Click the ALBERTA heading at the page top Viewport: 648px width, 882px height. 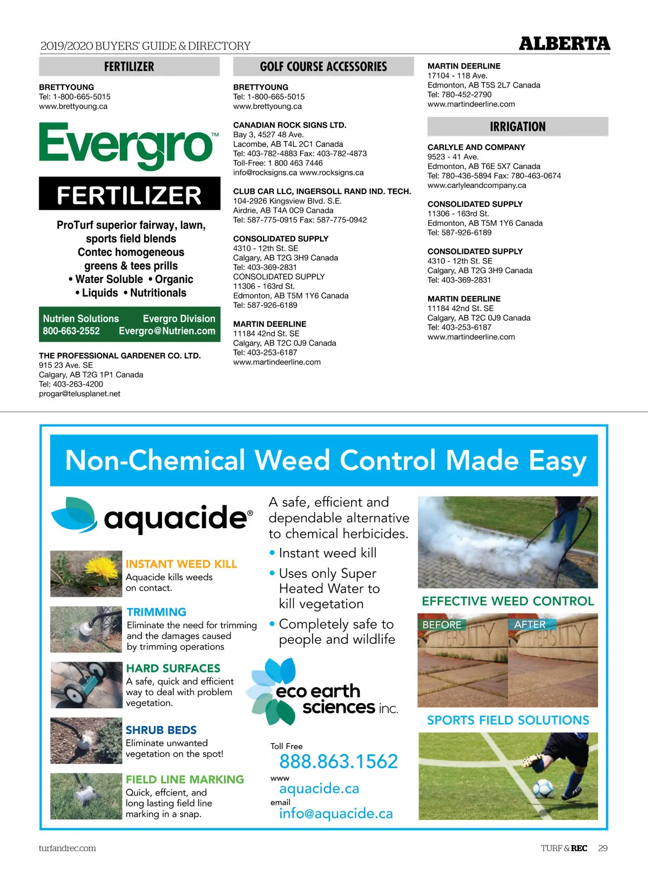click(x=564, y=44)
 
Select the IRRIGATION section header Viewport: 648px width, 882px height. click(x=517, y=127)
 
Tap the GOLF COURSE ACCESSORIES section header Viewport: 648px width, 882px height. click(x=323, y=67)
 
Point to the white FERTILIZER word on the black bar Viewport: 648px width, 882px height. click(x=129, y=195)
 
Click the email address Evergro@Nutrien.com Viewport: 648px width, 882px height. click(x=167, y=331)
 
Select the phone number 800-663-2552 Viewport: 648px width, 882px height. click(x=71, y=331)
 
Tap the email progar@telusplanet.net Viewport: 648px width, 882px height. click(x=79, y=394)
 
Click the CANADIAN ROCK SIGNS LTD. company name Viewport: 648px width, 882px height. click(x=289, y=125)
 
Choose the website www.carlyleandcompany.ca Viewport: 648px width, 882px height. click(x=476, y=185)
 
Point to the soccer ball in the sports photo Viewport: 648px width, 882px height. click(x=543, y=789)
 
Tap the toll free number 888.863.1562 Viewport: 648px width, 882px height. click(x=338, y=762)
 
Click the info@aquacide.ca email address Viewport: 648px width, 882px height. click(x=335, y=813)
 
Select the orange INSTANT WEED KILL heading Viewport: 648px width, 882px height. click(x=181, y=564)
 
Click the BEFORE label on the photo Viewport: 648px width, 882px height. click(x=442, y=625)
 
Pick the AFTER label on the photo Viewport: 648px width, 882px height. click(x=530, y=624)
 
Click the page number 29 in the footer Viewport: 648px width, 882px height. click(x=603, y=848)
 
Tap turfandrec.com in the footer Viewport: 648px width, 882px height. click(x=67, y=848)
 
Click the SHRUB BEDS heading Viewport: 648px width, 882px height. click(x=161, y=730)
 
